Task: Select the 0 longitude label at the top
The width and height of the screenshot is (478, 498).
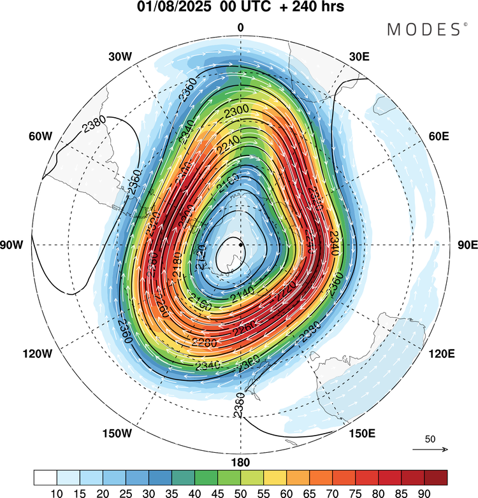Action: [241, 27]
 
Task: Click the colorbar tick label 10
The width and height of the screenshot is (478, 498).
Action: [57, 492]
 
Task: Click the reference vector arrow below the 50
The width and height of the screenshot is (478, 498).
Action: [430, 450]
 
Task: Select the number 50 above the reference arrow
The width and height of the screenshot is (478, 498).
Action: [430, 439]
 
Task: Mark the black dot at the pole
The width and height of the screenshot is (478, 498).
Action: [241, 244]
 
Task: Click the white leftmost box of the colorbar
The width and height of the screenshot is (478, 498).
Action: [45, 477]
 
